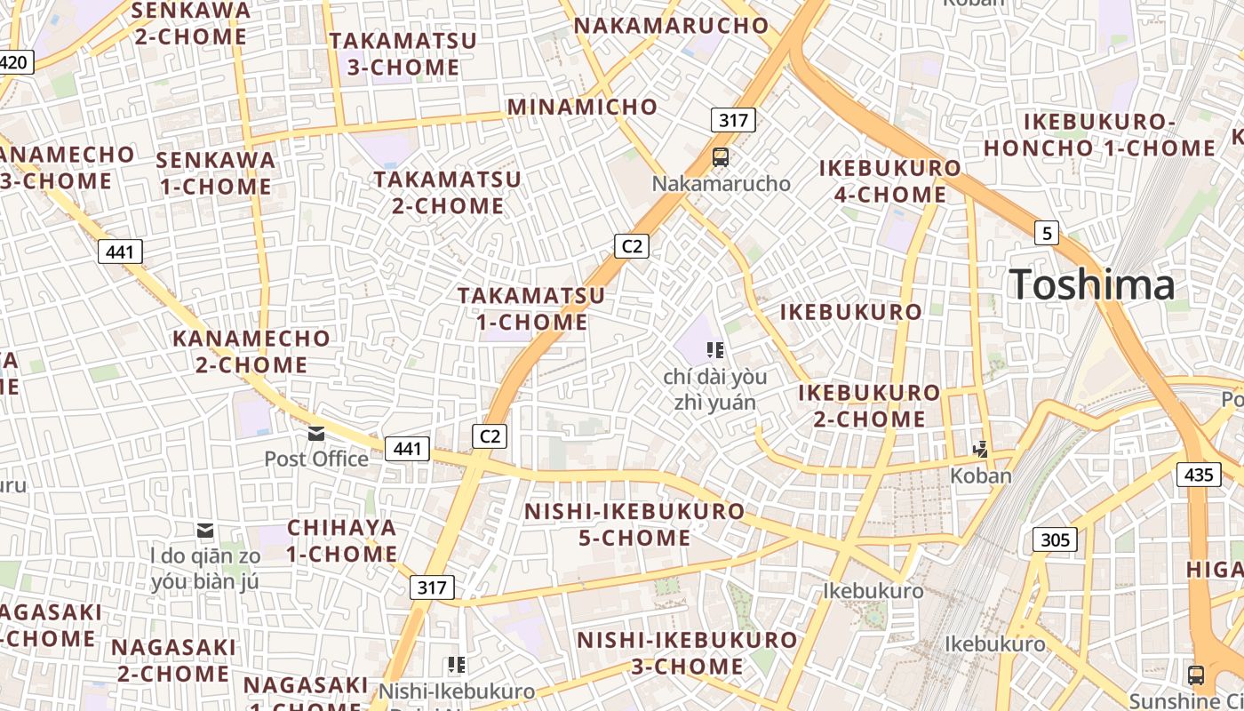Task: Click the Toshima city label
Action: tap(1093, 284)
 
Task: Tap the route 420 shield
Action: tap(15, 62)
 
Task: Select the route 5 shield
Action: tap(1047, 234)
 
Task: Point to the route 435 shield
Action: tap(1199, 475)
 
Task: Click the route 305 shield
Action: tap(1055, 539)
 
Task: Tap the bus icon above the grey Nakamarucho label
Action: tap(721, 157)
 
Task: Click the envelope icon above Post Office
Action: tap(316, 434)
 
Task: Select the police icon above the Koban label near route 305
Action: tap(981, 450)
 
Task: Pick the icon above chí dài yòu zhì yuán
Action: tap(715, 350)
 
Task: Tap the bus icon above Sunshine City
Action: tap(1196, 675)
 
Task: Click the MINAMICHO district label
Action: tap(582, 108)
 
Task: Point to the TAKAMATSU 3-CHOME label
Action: tap(403, 54)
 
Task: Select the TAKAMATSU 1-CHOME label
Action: tap(531, 308)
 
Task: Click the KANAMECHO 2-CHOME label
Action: tap(251, 352)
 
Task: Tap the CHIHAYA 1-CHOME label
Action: tap(342, 540)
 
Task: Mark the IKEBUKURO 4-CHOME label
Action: tap(889, 181)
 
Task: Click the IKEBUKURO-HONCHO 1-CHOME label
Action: tap(1099, 135)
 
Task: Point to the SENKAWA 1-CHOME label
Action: tap(215, 173)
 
